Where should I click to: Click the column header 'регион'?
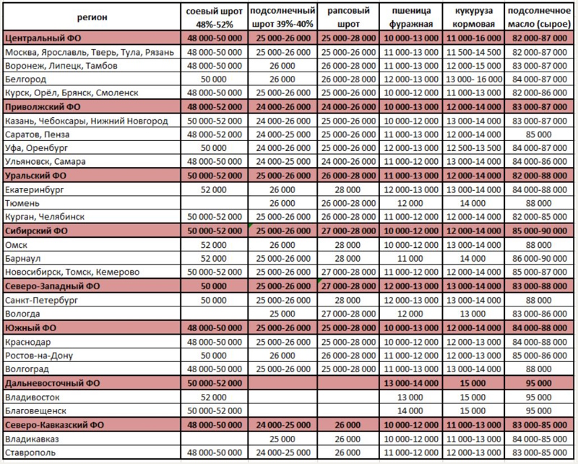pyautogui.click(x=92, y=17)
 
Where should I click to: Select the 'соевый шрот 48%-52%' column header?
pyautogui.click(x=213, y=17)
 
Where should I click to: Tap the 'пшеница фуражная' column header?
pyautogui.click(x=412, y=17)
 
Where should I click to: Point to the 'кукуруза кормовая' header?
pyautogui.click(x=474, y=17)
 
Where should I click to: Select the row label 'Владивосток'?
pyautogui.click(x=31, y=397)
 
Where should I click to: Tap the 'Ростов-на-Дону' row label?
pyautogui.click(x=38, y=356)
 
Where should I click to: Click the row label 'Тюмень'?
pyautogui.click(x=21, y=203)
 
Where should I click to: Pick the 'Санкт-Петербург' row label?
pyautogui.click(x=39, y=300)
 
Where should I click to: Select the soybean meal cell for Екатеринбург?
pyautogui.click(x=213, y=189)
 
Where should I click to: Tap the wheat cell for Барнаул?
pyautogui.click(x=412, y=258)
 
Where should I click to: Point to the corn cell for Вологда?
pyautogui.click(x=474, y=314)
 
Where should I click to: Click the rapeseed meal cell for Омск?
pyautogui.click(x=348, y=244)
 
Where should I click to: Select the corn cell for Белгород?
pyautogui.click(x=474, y=79)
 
